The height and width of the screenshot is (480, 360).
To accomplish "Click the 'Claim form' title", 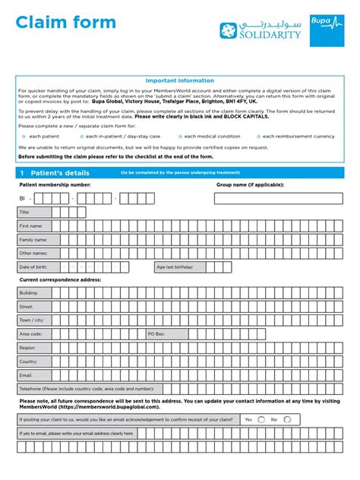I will pyautogui.click(x=66, y=23).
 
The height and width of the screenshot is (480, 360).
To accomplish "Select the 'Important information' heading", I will pyautogui.click(x=179, y=81).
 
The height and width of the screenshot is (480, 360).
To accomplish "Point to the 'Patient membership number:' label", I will pyautogui.click(x=55, y=185).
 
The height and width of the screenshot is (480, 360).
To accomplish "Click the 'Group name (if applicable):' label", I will pyautogui.click(x=250, y=185).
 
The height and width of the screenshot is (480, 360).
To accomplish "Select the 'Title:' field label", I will pyautogui.click(x=25, y=212).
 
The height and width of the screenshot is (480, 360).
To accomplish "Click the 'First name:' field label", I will pyautogui.click(x=31, y=226).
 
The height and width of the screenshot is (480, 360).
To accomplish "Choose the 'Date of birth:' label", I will pyautogui.click(x=34, y=267).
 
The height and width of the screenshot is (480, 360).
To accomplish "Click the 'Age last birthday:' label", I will pyautogui.click(x=175, y=267).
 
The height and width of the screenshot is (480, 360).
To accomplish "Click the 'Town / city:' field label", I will pyautogui.click(x=32, y=320).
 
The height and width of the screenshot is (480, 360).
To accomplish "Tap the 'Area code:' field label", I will pyautogui.click(x=31, y=333).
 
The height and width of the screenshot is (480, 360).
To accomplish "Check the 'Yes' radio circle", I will pyautogui.click(x=261, y=418).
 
